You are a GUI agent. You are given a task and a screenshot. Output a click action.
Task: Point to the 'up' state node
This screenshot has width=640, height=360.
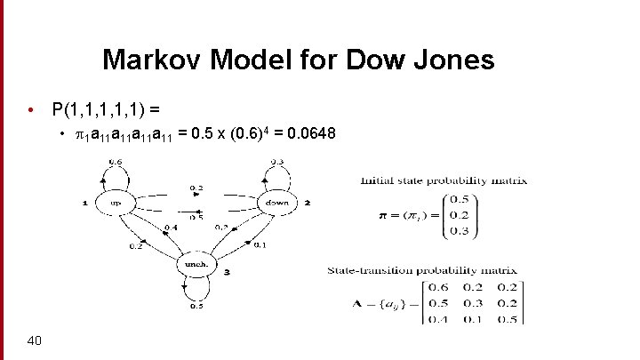(116, 203)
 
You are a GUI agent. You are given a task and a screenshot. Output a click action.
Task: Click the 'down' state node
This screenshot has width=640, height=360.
(271, 203)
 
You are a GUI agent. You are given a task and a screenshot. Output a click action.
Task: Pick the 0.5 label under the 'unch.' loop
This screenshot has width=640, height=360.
(196, 308)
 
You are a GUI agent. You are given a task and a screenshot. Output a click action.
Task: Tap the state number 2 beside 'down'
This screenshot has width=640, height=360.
(307, 203)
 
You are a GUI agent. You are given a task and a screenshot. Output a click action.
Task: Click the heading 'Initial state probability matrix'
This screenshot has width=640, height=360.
(444, 180)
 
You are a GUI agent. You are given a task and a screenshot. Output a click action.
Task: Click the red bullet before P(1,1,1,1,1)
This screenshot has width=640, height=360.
(31, 110)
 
